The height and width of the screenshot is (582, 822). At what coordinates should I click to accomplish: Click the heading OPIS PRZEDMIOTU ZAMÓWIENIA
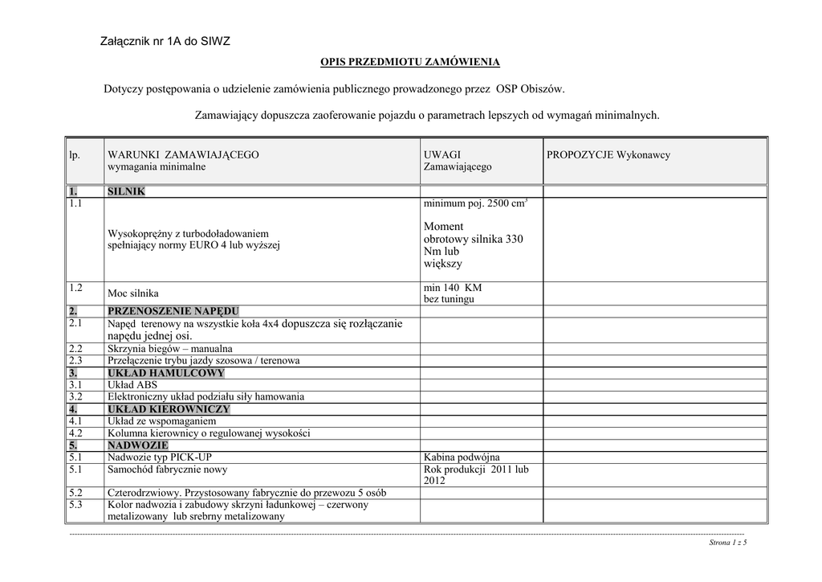point(410,62)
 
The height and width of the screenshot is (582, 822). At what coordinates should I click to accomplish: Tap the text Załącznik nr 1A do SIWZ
point(165,41)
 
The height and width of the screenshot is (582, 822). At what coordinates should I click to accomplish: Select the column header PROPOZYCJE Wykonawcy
point(608,154)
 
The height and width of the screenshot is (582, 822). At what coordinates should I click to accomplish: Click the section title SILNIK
point(126,192)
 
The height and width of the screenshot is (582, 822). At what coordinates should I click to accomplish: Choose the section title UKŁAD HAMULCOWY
point(166,373)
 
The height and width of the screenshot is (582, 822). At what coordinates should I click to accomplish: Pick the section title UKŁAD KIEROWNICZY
point(169,409)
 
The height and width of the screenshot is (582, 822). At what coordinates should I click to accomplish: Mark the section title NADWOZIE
point(138,445)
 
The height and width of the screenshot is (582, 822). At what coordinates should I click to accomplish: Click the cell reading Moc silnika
point(133,293)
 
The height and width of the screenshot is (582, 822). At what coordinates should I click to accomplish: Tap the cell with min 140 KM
point(453,288)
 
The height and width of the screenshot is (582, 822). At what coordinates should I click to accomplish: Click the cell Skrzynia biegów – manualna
point(170,349)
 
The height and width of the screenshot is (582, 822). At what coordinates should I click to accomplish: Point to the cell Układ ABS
point(132,385)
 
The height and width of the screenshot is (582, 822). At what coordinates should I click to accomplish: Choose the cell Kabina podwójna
point(462,457)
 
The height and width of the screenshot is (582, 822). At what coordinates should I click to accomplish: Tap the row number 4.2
point(75,432)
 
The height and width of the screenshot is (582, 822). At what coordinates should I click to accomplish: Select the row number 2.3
point(75,361)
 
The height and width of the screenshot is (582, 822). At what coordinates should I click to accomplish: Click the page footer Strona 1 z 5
point(728,543)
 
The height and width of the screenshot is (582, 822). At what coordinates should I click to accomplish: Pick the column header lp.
point(74,154)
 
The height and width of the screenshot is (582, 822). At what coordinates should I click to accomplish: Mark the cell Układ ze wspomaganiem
point(161,421)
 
